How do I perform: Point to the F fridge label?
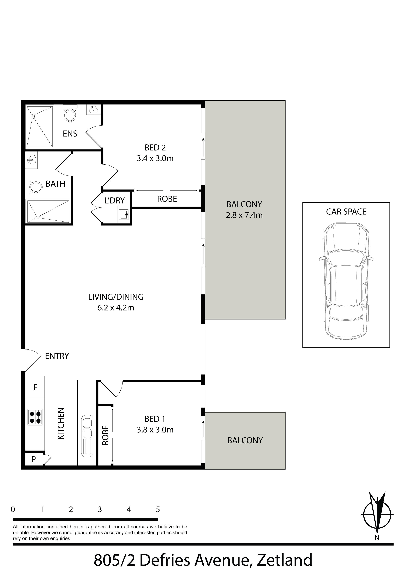point(35,387)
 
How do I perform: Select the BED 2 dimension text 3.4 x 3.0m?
point(155,159)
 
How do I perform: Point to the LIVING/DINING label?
point(116,297)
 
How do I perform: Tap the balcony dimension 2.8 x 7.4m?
point(244,215)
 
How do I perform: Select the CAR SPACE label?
point(346,212)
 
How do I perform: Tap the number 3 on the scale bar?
point(100,509)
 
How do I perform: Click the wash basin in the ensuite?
point(94,109)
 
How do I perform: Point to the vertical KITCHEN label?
point(61,424)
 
